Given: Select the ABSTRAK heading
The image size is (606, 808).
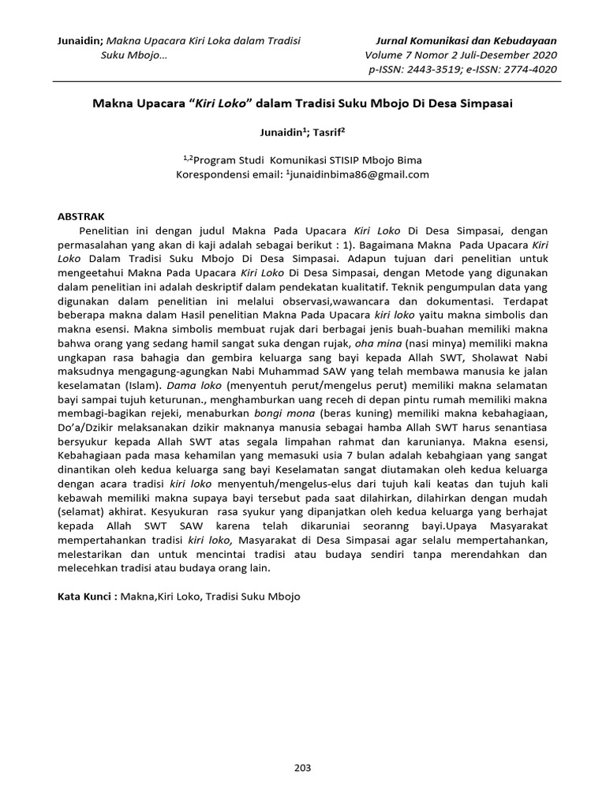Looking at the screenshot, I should coord(84,215).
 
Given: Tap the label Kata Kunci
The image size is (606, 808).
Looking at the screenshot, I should coord(88,597).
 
